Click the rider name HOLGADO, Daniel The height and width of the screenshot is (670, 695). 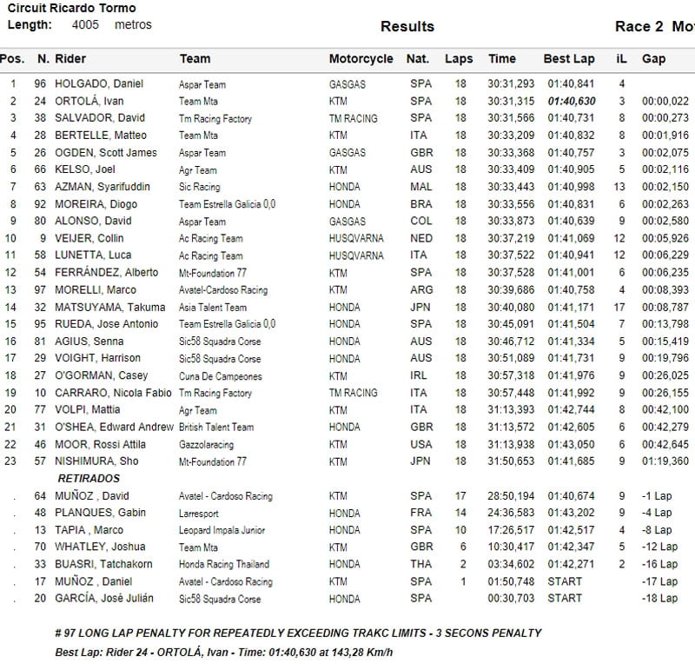[99, 84]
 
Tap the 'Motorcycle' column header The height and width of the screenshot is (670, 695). [361, 59]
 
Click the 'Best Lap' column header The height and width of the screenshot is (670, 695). [569, 59]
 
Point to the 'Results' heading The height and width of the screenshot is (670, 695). [407, 26]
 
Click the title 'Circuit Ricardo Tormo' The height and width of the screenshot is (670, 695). [71, 9]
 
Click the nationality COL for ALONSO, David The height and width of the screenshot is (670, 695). [420, 222]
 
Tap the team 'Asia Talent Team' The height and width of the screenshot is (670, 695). [212, 307]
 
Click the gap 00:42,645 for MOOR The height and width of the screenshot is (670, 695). [665, 444]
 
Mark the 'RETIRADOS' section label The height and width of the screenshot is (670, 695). [89, 479]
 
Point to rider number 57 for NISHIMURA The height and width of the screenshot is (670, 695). [42, 461]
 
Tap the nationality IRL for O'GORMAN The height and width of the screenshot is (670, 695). [420, 375]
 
